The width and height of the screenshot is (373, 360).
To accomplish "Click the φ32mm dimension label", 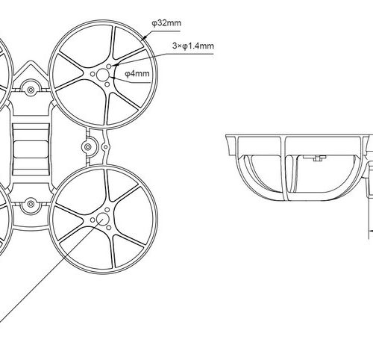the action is (x=166, y=23).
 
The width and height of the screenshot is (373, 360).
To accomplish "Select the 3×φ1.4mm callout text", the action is (x=193, y=46).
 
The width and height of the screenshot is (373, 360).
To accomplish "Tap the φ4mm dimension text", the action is (x=137, y=74).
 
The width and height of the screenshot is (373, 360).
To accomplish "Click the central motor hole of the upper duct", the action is (x=102, y=75).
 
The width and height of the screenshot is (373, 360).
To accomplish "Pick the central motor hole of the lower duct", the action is (x=102, y=220).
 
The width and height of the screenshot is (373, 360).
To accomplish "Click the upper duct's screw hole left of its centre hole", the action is (x=93, y=74).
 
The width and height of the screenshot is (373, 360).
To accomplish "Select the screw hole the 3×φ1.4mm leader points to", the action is (x=109, y=66).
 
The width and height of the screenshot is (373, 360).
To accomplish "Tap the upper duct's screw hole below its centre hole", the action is (x=107, y=84).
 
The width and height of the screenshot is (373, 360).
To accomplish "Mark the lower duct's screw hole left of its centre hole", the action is (x=93, y=220).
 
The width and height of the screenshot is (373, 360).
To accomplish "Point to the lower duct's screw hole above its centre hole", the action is (x=107, y=210).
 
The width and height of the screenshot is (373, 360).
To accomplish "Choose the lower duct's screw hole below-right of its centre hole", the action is (x=109, y=228).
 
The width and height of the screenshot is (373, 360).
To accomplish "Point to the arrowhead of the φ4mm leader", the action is (x=111, y=78).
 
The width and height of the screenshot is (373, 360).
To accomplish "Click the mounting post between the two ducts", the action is (x=87, y=147).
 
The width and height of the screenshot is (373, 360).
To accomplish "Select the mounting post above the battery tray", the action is (x=31, y=90).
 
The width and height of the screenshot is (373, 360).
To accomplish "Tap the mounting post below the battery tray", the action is (x=31, y=204).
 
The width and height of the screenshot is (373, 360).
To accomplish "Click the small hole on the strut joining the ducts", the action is (x=105, y=147).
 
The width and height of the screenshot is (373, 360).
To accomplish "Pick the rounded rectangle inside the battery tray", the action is (x=31, y=149).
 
